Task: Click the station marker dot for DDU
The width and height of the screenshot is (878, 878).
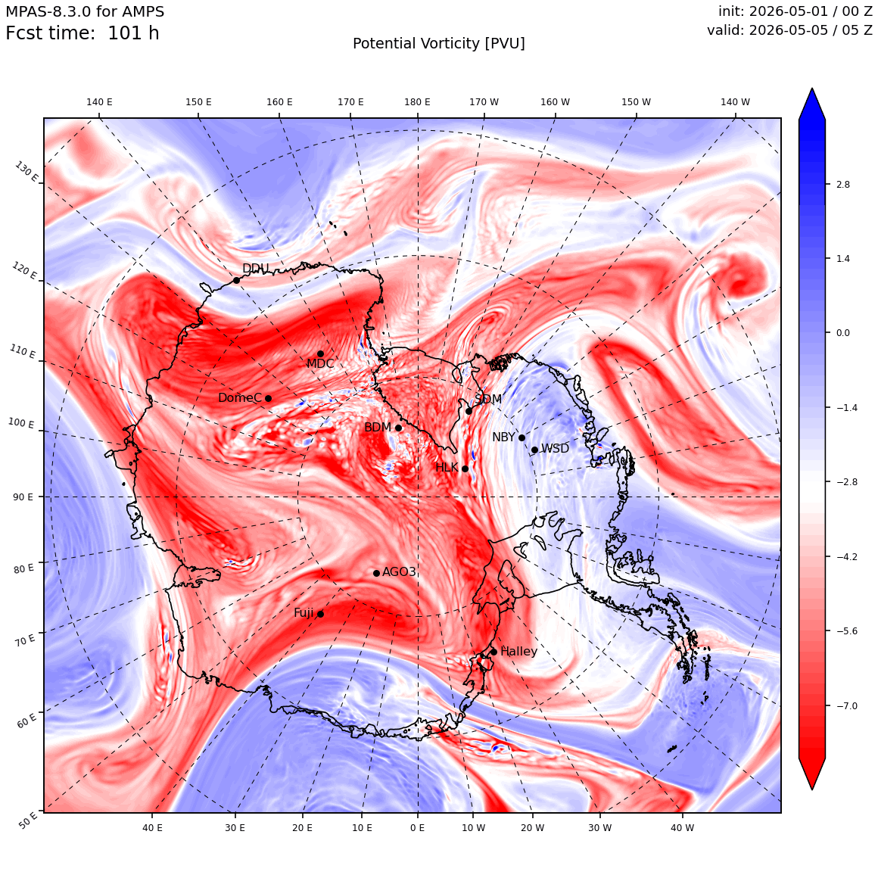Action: pyautogui.click(x=236, y=280)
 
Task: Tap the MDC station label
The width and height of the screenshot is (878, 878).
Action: pyautogui.click(x=319, y=364)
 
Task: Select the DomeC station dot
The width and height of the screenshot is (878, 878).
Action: pyautogui.click(x=268, y=398)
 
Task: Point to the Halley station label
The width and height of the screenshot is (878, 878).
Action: pyautogui.click(x=518, y=651)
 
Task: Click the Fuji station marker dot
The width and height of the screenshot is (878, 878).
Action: pyautogui.click(x=320, y=614)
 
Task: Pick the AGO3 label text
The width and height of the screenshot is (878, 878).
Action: pyautogui.click(x=399, y=571)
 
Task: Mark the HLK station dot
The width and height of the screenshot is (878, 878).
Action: pyautogui.click(x=465, y=468)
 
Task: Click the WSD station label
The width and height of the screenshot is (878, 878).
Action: pyautogui.click(x=555, y=449)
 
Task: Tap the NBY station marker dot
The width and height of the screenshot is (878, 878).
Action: pyautogui.click(x=522, y=437)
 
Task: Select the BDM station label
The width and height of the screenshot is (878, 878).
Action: pyautogui.click(x=378, y=427)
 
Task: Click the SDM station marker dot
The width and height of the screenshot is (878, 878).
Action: pyautogui.click(x=469, y=411)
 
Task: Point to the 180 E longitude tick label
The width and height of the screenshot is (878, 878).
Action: pyautogui.click(x=417, y=102)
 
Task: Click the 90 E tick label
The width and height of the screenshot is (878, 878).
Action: pyautogui.click(x=23, y=497)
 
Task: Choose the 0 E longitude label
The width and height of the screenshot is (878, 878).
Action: pyautogui.click(x=417, y=827)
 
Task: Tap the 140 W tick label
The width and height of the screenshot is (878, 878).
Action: pyautogui.click(x=735, y=102)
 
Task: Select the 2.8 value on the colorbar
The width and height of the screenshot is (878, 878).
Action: pyautogui.click(x=842, y=184)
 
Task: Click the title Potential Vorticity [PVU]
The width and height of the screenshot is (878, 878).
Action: pyautogui.click(x=439, y=44)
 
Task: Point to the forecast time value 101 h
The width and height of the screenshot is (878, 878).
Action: pyautogui.click(x=133, y=33)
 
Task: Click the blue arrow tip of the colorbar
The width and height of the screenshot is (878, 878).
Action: pyautogui.click(x=812, y=89)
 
